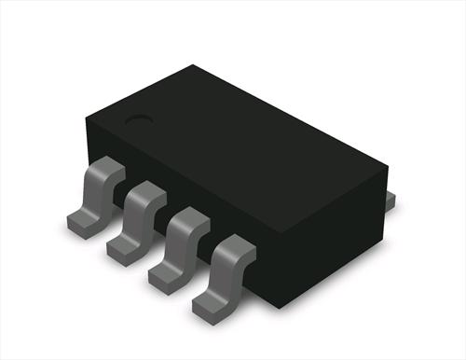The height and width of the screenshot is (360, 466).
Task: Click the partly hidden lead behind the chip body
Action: [391, 198]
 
